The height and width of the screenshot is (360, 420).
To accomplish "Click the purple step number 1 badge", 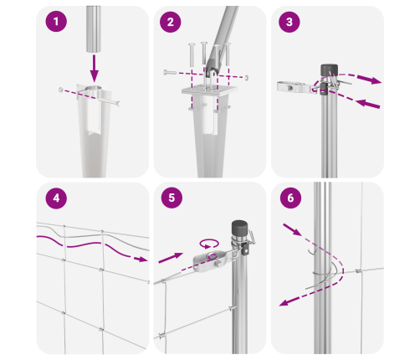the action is (56, 21).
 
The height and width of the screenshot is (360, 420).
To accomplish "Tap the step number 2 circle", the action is (171, 22).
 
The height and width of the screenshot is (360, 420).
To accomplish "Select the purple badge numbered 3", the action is (289, 22).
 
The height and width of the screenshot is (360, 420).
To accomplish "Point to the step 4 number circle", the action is (56, 198).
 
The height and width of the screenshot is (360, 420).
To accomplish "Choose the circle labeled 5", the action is (172, 198).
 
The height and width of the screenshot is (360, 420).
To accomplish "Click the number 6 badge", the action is (290, 198).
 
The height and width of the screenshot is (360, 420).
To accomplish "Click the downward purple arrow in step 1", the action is (95, 69).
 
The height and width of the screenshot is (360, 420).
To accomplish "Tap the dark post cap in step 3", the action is (329, 70).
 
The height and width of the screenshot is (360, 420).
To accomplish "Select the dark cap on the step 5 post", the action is (239, 229).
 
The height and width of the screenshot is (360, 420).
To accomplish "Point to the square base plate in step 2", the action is (209, 90).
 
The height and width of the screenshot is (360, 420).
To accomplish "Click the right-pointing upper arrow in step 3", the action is (369, 79).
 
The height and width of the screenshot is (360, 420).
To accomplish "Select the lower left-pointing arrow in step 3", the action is (368, 104).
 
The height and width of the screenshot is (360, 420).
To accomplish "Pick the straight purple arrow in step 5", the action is (171, 258).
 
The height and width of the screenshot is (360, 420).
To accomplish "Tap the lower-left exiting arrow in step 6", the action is (289, 301).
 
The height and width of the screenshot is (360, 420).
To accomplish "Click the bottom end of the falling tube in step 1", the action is (94, 51).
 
